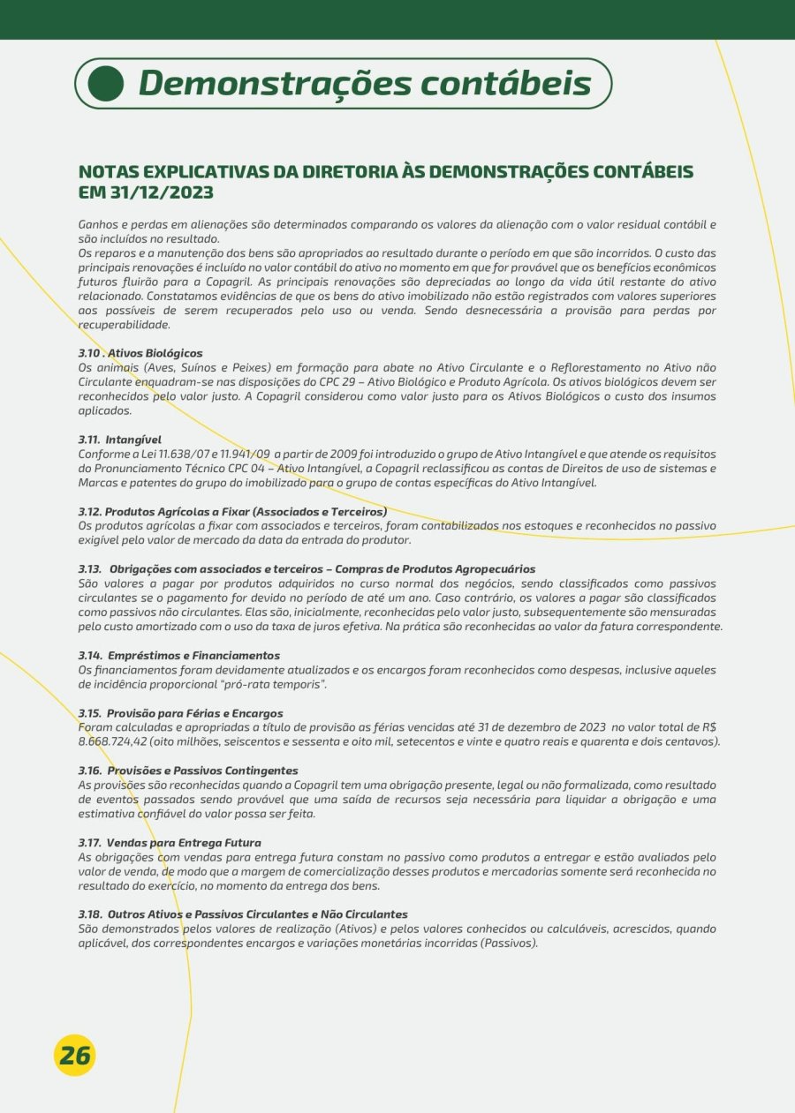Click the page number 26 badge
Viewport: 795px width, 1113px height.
[x=75, y=1055]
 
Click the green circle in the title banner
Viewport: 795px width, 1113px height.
[x=107, y=83]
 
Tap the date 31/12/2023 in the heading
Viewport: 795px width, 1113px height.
[x=164, y=192]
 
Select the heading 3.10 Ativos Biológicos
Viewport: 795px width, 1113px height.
[x=140, y=353]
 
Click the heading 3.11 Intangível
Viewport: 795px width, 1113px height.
[x=120, y=439]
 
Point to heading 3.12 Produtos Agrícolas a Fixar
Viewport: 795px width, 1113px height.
[x=232, y=511]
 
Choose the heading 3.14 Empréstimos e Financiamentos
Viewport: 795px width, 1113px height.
[x=179, y=656]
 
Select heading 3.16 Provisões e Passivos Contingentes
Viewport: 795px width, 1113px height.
[x=188, y=771]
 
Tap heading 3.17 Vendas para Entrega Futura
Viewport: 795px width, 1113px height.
[x=170, y=843]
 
